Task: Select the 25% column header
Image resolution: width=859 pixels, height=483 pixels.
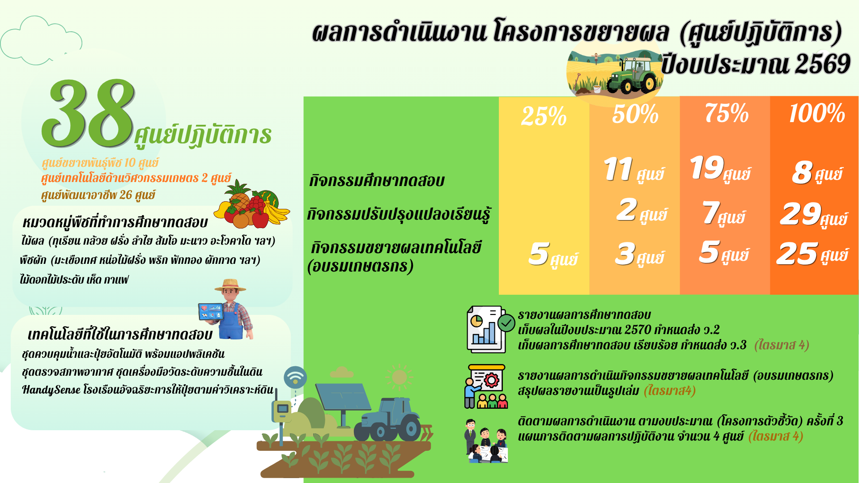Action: tap(544, 116)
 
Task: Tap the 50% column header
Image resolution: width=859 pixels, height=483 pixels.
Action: tap(635, 114)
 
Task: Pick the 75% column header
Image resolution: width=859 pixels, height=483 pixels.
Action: tap(727, 113)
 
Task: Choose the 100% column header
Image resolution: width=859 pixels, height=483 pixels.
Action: tap(817, 113)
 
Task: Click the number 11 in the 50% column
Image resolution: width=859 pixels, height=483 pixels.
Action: tap(618, 169)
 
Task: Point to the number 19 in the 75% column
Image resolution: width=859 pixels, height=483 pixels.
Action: tap(707, 167)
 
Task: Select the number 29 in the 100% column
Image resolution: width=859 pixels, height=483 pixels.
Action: tap(801, 214)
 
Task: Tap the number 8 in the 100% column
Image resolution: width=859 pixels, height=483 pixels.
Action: tap(802, 172)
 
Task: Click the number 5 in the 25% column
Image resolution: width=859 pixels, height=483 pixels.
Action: tap(539, 254)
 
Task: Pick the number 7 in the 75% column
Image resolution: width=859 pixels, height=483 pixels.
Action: tap(711, 212)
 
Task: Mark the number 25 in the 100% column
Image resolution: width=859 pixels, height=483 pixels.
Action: tap(797, 254)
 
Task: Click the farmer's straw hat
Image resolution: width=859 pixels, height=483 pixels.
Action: tap(230, 285)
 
